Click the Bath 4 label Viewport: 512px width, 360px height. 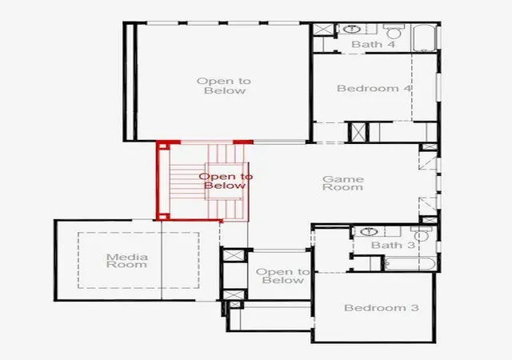374,44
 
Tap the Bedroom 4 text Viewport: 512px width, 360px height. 374,88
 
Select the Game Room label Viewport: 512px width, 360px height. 343,183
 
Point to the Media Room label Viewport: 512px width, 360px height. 127,261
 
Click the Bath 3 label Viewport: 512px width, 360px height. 393,245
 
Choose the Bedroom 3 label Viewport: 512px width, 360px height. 382,308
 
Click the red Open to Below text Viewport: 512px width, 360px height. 226,181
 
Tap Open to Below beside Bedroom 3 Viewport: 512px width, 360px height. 282,276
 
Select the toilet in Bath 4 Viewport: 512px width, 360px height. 394,30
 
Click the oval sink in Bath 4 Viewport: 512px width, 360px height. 352,29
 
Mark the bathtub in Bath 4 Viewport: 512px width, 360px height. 425,38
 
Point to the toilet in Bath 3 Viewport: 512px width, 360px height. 421,234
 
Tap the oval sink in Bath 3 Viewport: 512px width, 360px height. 369,232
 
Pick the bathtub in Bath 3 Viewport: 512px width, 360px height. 410,264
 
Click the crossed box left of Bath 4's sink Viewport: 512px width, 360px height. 323,29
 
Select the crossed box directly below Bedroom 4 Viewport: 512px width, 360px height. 358,132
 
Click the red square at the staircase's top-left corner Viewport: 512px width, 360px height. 163,146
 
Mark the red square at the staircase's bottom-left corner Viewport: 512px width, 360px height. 163,216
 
